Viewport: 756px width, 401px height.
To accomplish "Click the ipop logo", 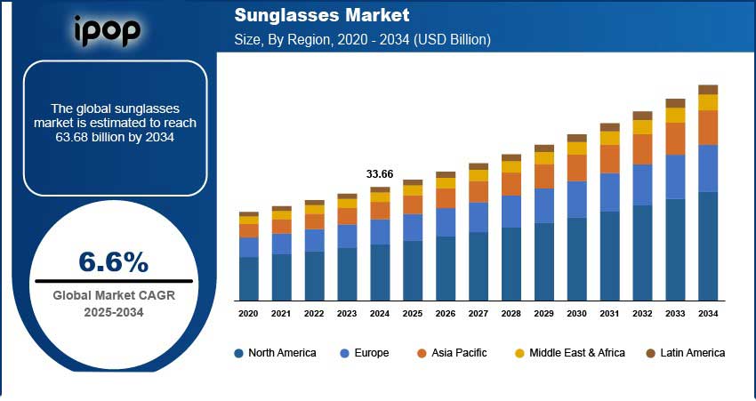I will click(106, 31).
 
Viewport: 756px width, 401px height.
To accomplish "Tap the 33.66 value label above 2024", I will click(380, 173).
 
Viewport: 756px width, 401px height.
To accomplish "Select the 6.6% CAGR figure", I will click(113, 261).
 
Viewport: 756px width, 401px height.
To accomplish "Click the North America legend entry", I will click(275, 353).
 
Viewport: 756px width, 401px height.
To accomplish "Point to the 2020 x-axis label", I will click(248, 314).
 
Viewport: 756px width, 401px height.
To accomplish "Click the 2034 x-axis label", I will click(708, 314).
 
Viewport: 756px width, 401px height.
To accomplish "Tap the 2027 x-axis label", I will click(479, 314).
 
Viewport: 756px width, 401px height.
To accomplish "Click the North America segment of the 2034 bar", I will click(708, 246).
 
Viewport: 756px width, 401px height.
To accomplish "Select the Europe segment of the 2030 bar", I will click(577, 199).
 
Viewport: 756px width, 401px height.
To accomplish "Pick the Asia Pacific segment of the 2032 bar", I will click(642, 149).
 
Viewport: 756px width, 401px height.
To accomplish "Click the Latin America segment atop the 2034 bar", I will click(708, 90).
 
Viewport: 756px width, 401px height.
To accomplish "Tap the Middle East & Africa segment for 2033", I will click(675, 116).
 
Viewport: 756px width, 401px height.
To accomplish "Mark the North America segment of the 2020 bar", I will click(248, 278).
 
